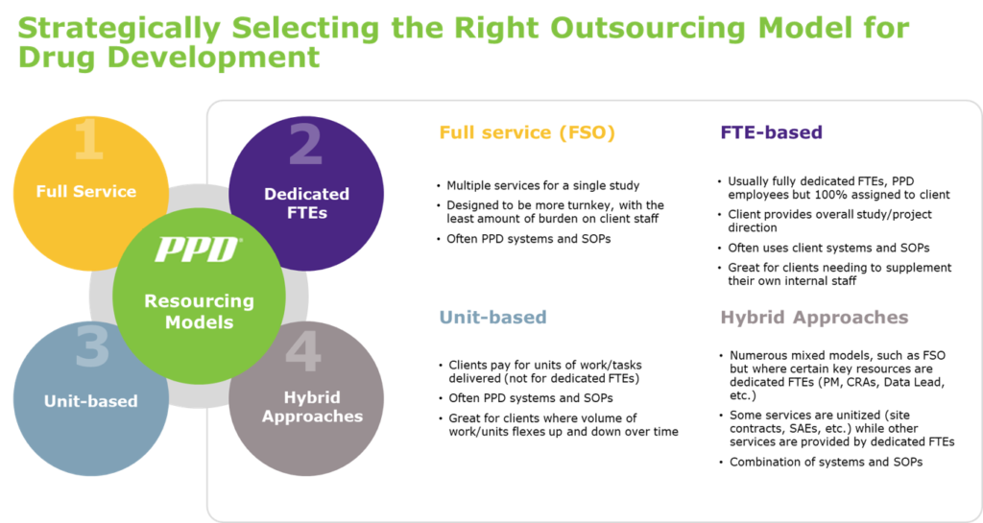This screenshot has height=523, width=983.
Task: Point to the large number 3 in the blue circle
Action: [x=91, y=348]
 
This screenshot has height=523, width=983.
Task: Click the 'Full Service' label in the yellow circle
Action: [x=86, y=191]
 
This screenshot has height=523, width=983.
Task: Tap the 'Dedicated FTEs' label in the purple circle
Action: [x=306, y=202]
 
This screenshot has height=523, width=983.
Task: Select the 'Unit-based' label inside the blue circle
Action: [x=91, y=400]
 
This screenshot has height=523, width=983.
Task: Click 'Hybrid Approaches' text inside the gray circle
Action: [x=312, y=406]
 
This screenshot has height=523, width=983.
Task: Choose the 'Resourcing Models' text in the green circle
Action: [x=199, y=311]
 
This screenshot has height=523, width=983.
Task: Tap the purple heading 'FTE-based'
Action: [x=771, y=132]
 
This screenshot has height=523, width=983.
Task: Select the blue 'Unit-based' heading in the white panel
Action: [x=492, y=317]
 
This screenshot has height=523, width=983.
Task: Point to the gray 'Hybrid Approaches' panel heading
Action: [x=813, y=317]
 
